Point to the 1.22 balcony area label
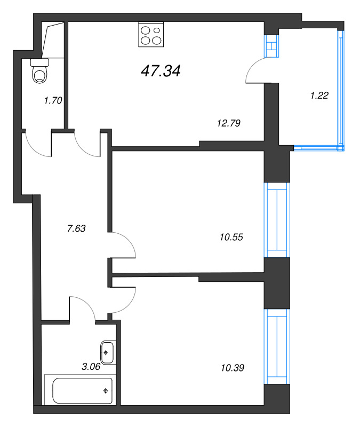coord(319,96)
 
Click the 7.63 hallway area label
coord(76,228)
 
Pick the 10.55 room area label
coord(231,237)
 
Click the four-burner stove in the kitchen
coord(150,35)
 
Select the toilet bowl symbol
coord(40,72)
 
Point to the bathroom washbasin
coord(108,352)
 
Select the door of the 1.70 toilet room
coord(37,143)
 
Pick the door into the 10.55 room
coord(124,246)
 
